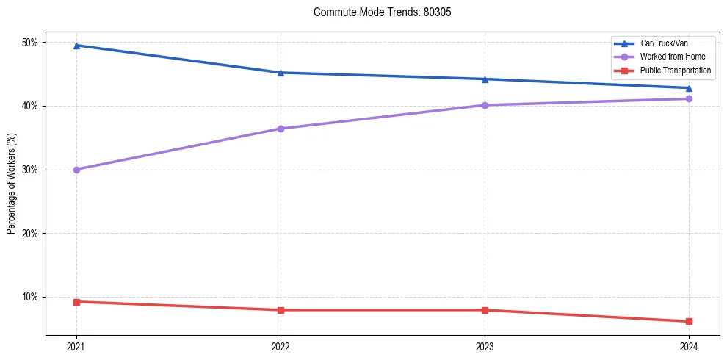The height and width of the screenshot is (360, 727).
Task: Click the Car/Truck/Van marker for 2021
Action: [76, 46]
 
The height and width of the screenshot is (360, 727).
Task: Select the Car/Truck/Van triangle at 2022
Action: [281, 73]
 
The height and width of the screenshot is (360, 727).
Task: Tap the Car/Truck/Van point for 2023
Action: [485, 79]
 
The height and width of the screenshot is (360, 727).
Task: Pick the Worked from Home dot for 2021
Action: [76, 170]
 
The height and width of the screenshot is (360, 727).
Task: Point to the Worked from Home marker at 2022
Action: [281, 129]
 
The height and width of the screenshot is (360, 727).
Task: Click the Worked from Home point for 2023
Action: [485, 105]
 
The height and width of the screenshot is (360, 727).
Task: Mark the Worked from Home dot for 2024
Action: [689, 98]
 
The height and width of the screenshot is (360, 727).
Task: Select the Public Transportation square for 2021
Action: [76, 302]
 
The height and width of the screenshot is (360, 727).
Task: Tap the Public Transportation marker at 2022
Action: [281, 310]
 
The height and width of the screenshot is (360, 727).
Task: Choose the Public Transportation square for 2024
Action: [689, 321]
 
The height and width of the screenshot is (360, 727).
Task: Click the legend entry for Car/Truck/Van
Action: [664, 43]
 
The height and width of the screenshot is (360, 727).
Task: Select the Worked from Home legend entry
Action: [672, 57]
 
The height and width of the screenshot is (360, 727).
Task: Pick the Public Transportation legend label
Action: [675, 71]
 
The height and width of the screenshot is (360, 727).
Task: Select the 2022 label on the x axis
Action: [281, 346]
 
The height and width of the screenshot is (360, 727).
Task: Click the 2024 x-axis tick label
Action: [689, 346]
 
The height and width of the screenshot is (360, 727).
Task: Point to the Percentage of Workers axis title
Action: [12, 183]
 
